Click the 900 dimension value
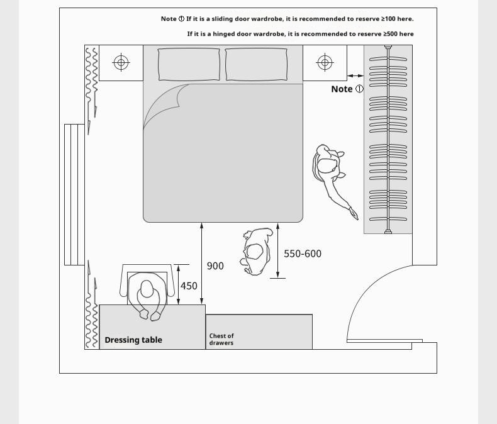[x=215, y=266]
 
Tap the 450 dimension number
[x=189, y=286]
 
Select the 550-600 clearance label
[x=302, y=254]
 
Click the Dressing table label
[x=133, y=340]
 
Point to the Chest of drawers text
[x=221, y=339]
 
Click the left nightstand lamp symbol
[x=121, y=62]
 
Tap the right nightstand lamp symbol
[x=325, y=62]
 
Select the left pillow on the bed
[x=189, y=64]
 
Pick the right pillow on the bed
[x=256, y=64]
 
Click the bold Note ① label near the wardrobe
[x=347, y=89]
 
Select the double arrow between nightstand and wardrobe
[x=355, y=75]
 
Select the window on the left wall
[x=74, y=194]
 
